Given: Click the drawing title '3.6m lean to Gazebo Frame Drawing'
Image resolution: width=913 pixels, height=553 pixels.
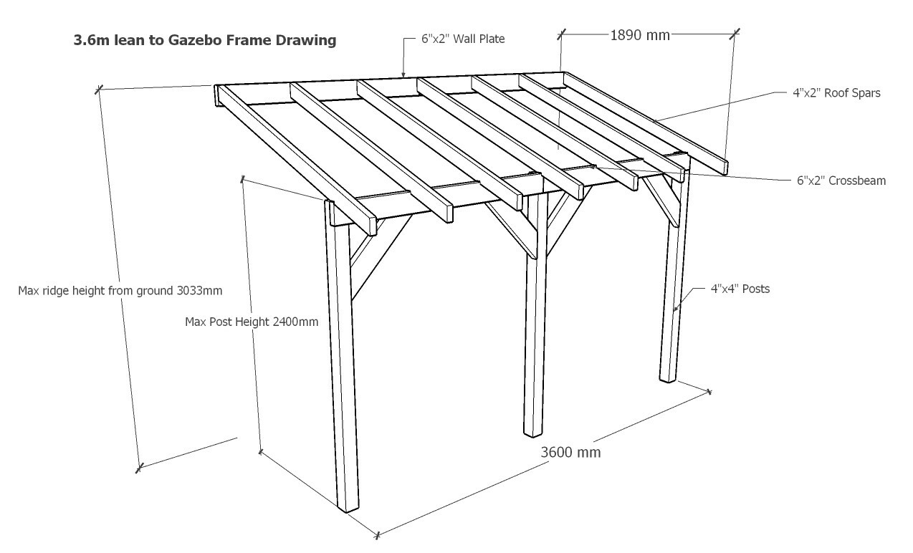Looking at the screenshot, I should [x=205, y=40].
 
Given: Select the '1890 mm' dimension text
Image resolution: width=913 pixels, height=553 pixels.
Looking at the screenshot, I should [x=639, y=34].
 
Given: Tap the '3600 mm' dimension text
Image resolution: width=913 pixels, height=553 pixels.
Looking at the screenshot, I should [x=570, y=452].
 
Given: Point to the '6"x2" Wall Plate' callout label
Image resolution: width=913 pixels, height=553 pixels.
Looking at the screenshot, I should [x=463, y=39].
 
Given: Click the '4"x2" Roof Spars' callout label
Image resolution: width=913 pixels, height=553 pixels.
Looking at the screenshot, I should [x=836, y=92].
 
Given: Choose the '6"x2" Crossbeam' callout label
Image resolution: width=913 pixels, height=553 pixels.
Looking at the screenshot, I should [x=841, y=181].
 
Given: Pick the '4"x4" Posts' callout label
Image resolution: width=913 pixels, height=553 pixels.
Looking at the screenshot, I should [x=740, y=289].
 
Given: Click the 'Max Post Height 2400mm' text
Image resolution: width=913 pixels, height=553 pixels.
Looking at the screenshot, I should [x=252, y=322].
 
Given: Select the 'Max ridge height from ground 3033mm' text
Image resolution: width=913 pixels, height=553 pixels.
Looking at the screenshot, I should [x=120, y=291].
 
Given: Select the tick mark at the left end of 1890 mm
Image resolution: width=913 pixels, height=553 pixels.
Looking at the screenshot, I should [x=562, y=32].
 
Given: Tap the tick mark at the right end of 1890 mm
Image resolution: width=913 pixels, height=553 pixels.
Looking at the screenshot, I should [x=735, y=32].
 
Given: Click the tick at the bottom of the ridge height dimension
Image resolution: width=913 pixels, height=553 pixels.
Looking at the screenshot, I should [x=139, y=468].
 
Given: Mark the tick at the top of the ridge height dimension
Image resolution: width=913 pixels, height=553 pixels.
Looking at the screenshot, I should [x=99, y=89].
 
